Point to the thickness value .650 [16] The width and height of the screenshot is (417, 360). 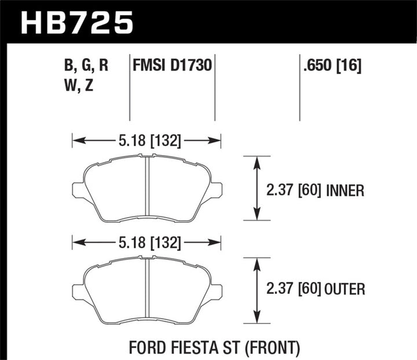(x=331, y=66)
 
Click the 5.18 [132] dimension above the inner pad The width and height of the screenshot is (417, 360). (x=147, y=140)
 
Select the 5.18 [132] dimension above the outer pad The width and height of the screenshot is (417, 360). (x=147, y=242)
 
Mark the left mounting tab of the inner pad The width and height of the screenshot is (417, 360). (x=78, y=189)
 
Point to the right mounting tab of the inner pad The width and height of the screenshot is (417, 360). (x=215, y=189)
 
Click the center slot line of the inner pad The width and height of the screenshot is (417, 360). (x=147, y=188)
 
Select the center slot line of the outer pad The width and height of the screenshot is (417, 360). (x=147, y=289)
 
